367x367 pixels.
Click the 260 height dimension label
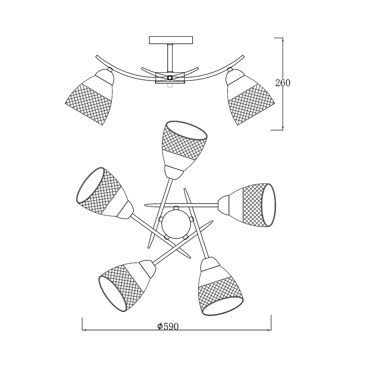click(x=283, y=83)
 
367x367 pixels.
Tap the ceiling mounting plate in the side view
click(x=171, y=40)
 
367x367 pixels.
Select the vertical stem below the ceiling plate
click(x=170, y=58)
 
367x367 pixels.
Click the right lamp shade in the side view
click(x=250, y=97)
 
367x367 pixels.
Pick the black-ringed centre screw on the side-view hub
click(x=170, y=78)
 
